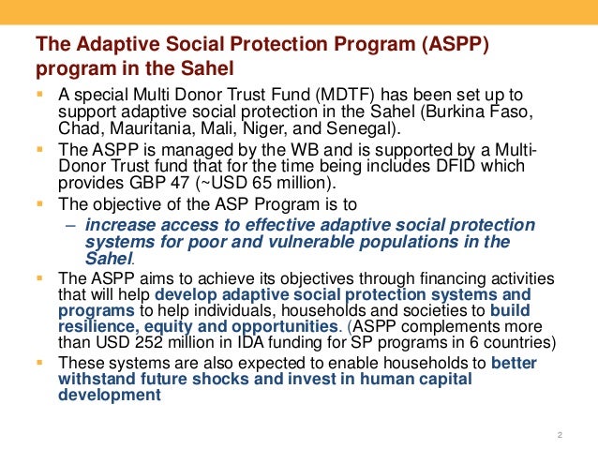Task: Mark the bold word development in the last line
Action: (x=104, y=395)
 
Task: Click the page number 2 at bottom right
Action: (x=559, y=434)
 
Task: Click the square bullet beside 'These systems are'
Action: (x=40, y=363)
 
